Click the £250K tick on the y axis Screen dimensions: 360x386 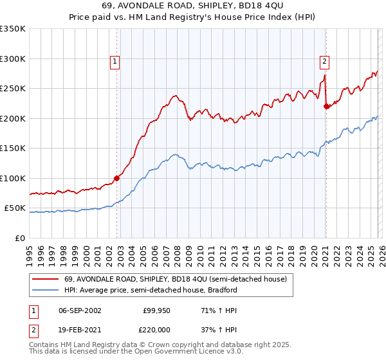coord(13,88)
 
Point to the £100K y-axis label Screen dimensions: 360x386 coord(13,178)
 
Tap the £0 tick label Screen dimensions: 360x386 coord(19,238)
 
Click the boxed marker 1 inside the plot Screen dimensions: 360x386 coord(115,62)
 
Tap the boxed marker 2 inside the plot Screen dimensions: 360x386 coord(324,62)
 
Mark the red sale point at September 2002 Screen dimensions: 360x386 coord(116,178)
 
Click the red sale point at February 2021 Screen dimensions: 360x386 coord(326,107)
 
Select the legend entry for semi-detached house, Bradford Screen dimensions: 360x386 coord(151,290)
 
